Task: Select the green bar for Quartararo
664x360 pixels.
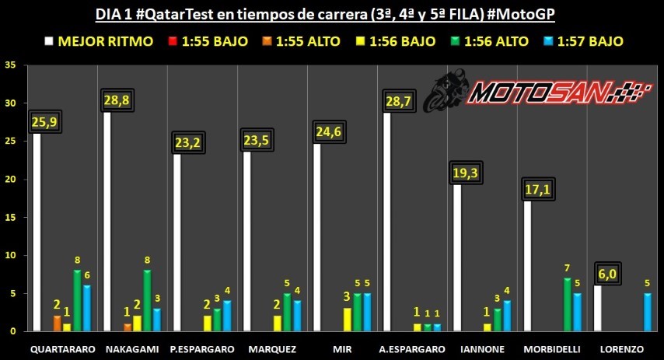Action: pyautogui.click(x=77, y=300)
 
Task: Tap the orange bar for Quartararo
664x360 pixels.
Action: pyautogui.click(x=57, y=323)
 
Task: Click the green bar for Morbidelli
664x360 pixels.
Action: pyautogui.click(x=567, y=304)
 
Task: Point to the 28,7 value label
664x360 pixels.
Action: pyautogui.click(x=397, y=102)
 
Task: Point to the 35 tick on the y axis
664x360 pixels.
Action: pyautogui.click(x=10, y=65)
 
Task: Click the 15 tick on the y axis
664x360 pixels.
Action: pyautogui.click(x=10, y=217)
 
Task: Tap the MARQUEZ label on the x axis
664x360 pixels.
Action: pyautogui.click(x=272, y=349)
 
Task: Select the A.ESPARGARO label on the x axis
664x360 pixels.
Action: pyautogui.click(x=414, y=349)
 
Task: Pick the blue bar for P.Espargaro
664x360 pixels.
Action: pyautogui.click(x=227, y=316)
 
